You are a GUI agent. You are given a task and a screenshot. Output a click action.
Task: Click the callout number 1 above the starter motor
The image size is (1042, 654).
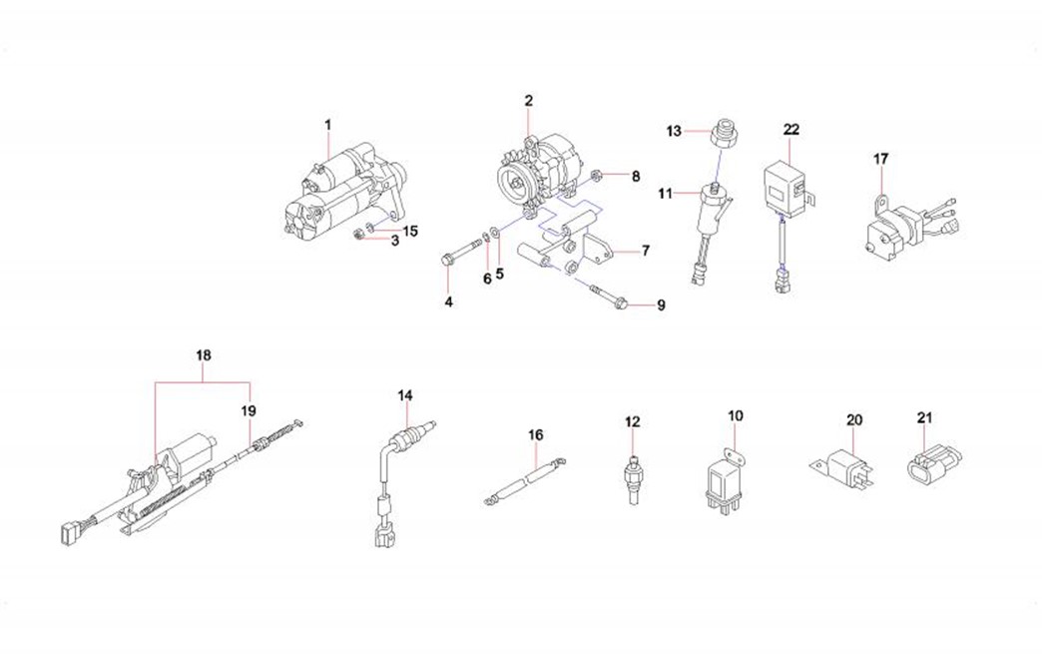point(327,125)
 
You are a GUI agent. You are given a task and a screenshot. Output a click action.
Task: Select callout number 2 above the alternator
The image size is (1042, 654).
point(528,100)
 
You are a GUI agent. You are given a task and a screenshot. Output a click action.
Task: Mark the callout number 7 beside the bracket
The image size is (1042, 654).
point(647,252)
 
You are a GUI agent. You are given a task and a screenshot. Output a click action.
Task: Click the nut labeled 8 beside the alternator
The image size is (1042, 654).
point(595,177)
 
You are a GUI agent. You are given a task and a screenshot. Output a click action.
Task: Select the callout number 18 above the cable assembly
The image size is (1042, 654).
point(204,355)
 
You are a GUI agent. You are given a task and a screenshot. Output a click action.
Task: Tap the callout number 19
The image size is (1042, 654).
point(248,409)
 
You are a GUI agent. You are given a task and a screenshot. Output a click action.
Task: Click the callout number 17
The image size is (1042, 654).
point(881,159)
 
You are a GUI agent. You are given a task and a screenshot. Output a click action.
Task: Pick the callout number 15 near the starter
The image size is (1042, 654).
point(410,231)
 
